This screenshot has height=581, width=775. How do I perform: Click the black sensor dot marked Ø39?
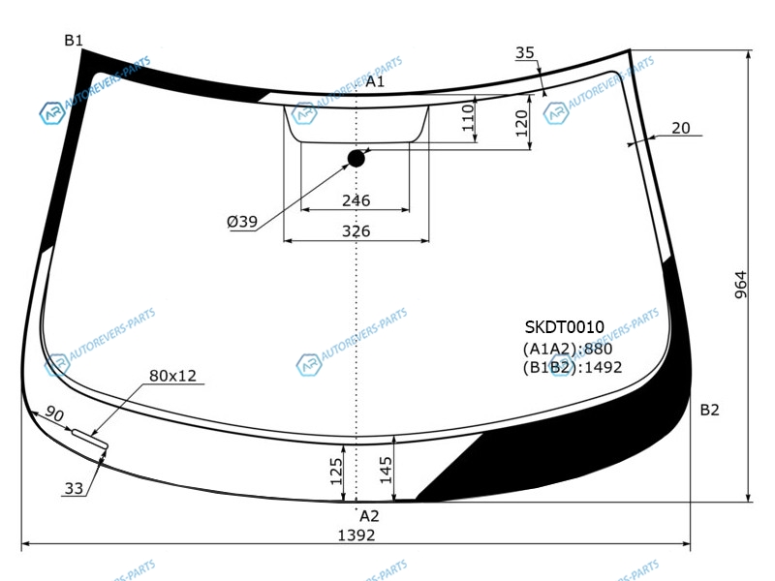coord(356,159)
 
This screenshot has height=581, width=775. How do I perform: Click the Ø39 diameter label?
coord(242,222)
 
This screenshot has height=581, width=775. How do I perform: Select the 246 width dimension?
coord(356,200)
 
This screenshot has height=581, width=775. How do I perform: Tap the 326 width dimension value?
coord(356,230)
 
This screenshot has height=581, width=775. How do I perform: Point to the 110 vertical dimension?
coord(468,117)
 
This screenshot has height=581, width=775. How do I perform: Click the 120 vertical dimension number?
coord(521,124)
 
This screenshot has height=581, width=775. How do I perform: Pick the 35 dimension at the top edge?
coord(525,52)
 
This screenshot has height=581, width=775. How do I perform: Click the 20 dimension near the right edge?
coord(681,128)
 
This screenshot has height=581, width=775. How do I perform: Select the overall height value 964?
coord(740,285)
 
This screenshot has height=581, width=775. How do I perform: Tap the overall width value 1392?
coord(356,535)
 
